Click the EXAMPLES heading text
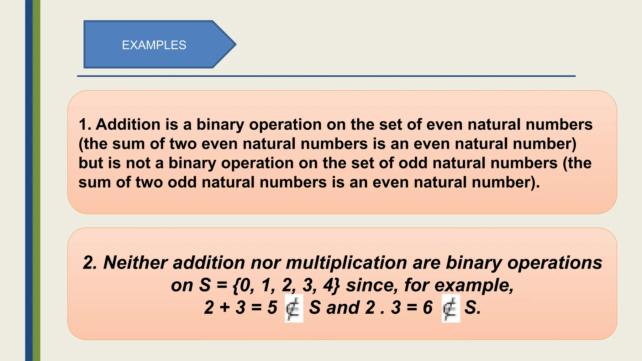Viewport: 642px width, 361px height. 154,45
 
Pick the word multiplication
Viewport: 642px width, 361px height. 346,263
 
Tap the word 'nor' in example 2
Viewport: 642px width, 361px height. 267,263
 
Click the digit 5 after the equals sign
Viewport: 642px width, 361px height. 272,308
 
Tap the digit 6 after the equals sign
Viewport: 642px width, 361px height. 428,308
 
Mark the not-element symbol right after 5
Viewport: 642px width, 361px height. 293,308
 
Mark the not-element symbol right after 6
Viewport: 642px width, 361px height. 450,308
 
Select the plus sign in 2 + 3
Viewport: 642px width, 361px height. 225,308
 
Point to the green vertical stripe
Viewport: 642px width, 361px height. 37,180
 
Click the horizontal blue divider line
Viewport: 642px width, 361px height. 326,76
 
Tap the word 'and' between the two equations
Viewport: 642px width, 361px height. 343,308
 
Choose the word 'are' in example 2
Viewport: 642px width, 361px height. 426,263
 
